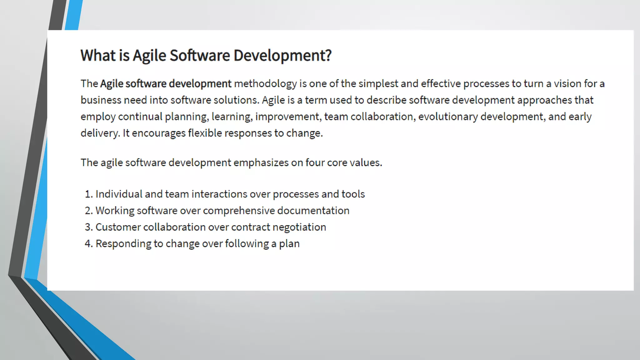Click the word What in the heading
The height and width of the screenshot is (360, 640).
(98, 56)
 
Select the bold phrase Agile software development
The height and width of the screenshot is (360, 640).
(166, 84)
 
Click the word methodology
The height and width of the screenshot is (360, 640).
(265, 84)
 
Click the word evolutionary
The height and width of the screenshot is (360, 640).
(448, 117)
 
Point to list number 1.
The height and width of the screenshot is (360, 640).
(88, 194)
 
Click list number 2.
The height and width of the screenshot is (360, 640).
(88, 211)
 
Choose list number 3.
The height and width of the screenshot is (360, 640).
(88, 227)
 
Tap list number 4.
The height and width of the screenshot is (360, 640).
(88, 244)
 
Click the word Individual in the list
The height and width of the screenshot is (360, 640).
(119, 194)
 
